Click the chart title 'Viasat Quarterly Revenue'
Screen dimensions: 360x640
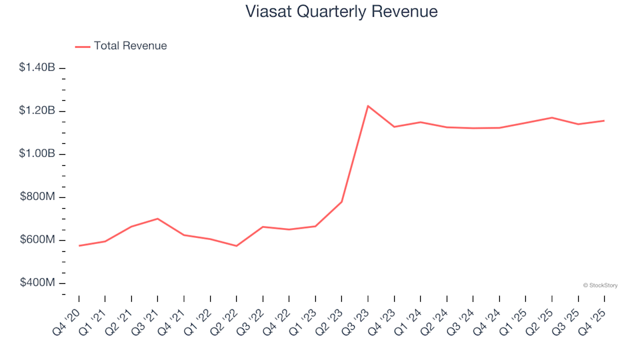[341, 12]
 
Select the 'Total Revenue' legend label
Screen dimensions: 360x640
[130, 46]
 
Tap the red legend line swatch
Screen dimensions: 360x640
[83, 47]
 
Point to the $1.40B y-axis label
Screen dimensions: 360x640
[37, 67]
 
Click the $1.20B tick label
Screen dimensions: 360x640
[37, 111]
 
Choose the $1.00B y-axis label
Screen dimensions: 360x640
[37, 154]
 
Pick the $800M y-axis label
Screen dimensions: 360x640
[39, 197]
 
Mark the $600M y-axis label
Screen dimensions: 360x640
[39, 240]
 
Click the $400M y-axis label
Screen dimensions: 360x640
[39, 283]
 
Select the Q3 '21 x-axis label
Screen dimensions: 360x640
[145, 319]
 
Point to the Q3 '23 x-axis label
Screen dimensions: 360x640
[356, 319]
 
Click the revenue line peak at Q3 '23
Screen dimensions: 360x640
[368, 106]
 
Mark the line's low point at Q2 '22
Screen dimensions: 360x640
[236, 246]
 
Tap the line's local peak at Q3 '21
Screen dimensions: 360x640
[157, 219]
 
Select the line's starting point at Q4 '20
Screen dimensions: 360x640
[79, 246]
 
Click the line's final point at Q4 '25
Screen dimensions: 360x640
[604, 121]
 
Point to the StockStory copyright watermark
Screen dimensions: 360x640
[600, 285]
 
